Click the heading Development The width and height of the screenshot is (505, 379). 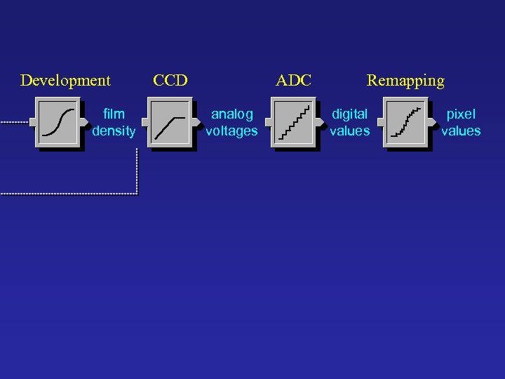click(x=65, y=81)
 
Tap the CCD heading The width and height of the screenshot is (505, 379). click(x=170, y=81)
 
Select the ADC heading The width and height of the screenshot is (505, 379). click(x=293, y=81)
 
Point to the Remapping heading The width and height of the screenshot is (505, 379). click(x=405, y=81)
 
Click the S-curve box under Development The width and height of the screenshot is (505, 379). click(x=58, y=122)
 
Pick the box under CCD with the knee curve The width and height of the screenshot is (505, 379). click(x=170, y=122)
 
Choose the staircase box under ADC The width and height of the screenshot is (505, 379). click(x=292, y=122)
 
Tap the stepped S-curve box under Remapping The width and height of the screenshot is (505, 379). click(x=405, y=122)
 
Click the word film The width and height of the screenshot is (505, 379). click(x=114, y=114)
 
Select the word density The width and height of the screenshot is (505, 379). click(x=114, y=131)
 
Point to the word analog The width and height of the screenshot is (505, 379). click(x=232, y=114)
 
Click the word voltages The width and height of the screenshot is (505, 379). click(x=232, y=131)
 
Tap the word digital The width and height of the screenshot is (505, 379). click(x=349, y=114)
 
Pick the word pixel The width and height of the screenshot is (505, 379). click(x=461, y=114)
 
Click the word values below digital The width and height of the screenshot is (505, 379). click(x=349, y=131)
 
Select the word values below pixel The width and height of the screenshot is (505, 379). click(x=461, y=131)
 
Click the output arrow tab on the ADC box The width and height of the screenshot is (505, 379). click(x=319, y=122)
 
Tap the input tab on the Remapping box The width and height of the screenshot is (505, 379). click(x=380, y=122)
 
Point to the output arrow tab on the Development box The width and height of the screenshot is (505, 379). click(x=84, y=122)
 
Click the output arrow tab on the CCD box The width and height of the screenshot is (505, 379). click(x=196, y=122)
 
